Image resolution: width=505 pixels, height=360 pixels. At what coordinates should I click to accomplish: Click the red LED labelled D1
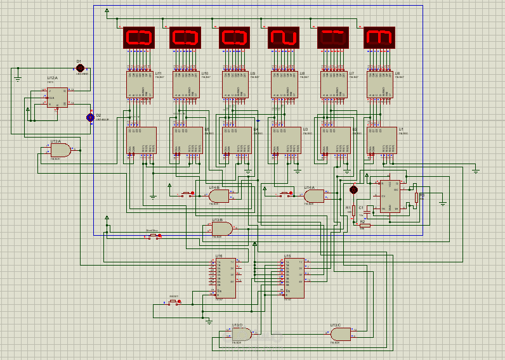pyautogui.click(x=80, y=68)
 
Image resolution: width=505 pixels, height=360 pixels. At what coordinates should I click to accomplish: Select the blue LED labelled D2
pyautogui.click(x=90, y=117)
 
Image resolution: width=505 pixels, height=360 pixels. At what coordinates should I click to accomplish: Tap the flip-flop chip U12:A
pyautogui.click(x=57, y=98)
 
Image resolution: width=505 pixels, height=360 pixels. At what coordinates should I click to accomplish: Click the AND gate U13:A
pyautogui.click(x=60, y=150)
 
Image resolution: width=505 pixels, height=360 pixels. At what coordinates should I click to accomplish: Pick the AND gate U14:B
pyautogui.click(x=219, y=196)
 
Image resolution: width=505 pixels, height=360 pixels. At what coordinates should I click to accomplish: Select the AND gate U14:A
pyautogui.click(x=314, y=196)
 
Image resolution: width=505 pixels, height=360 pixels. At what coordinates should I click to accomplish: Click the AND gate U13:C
pyautogui.click(x=340, y=334)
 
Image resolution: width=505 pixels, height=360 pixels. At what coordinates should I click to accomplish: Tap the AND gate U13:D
pyautogui.click(x=242, y=334)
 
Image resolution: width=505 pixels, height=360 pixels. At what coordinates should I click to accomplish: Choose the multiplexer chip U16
pyautogui.click(x=225, y=278)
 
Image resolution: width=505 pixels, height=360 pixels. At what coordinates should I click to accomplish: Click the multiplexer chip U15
pyautogui.click(x=293, y=278)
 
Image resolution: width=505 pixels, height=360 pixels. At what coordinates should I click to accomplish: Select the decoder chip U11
pyautogui.click(x=140, y=84)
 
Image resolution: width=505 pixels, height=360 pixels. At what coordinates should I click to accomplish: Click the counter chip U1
pyautogui.click(x=381, y=140)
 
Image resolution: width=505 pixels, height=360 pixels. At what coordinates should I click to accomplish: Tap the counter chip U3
pyautogui.click(x=286, y=140)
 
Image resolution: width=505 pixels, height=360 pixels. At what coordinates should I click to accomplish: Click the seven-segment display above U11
pyautogui.click(x=139, y=37)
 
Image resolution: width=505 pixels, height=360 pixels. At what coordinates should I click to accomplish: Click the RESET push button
pyautogui.click(x=173, y=302)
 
